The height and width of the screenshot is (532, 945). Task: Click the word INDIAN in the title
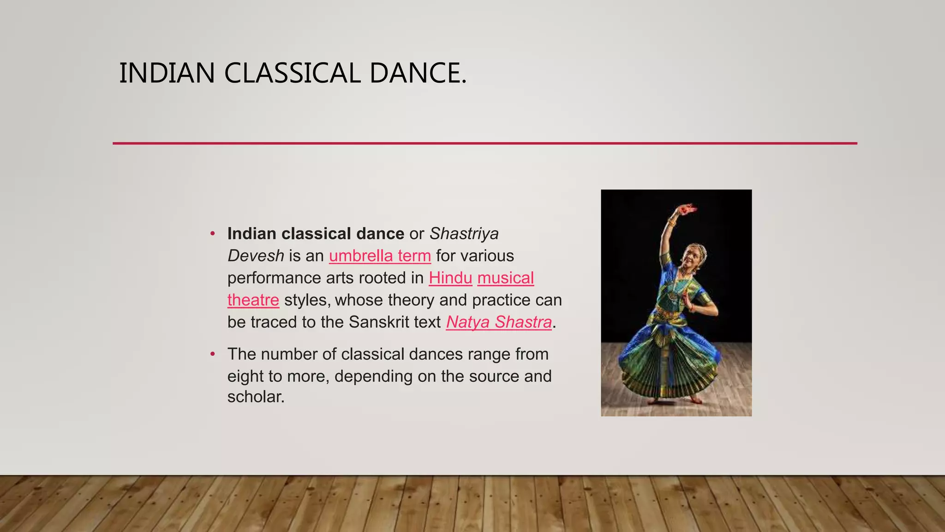[x=167, y=73]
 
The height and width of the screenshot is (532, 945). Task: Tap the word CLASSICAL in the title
[x=292, y=73]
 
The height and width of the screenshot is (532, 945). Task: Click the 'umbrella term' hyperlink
[x=380, y=256]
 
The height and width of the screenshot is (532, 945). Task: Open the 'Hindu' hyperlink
[x=450, y=278]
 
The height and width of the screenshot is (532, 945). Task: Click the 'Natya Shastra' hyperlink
[x=499, y=322]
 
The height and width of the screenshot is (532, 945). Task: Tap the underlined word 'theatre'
[x=253, y=300]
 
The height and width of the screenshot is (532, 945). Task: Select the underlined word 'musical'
[x=506, y=278]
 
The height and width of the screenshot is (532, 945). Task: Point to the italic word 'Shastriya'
[x=464, y=234]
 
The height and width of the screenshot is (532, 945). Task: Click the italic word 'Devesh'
[x=256, y=256]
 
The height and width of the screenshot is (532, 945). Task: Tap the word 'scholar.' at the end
[x=256, y=397]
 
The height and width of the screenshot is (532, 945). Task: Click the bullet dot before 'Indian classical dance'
[x=212, y=234]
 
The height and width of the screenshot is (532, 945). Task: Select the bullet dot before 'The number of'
[x=212, y=354]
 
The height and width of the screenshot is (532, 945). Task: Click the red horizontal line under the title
[x=484, y=143]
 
